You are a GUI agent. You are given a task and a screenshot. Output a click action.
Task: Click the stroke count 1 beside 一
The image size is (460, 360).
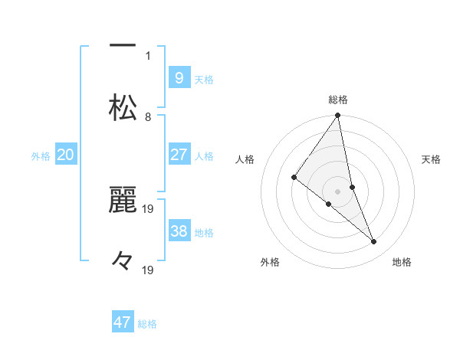tap(149, 55)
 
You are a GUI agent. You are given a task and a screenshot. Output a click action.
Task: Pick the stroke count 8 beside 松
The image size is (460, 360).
tap(149, 116)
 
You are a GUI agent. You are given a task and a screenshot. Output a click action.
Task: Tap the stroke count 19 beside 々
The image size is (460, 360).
tap(149, 270)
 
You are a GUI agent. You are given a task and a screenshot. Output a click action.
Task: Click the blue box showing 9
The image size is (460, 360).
tap(179, 78)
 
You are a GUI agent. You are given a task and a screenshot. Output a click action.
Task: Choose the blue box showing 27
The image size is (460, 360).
tap(179, 155)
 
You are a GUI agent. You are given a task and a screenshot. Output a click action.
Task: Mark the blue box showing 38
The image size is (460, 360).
tap(179, 231)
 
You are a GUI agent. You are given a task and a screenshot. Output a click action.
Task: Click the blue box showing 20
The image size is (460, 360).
tap(66, 155)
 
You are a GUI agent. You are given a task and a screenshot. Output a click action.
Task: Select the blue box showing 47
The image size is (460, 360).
tap(123, 322)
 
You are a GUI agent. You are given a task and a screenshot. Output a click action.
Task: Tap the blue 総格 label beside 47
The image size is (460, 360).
tap(147, 324)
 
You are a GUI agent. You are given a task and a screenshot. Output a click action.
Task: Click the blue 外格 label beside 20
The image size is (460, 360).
tap(41, 156)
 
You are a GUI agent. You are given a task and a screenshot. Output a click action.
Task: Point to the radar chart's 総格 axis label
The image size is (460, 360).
tap(338, 100)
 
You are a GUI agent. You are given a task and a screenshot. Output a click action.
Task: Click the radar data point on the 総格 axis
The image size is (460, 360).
tap(338, 116)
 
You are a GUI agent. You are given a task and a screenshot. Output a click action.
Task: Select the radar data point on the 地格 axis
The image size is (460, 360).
tap(374, 241)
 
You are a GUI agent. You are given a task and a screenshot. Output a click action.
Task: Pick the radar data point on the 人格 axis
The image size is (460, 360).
tap(294, 177)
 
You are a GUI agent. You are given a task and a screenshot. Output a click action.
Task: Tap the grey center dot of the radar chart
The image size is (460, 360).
tap(338, 191)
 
